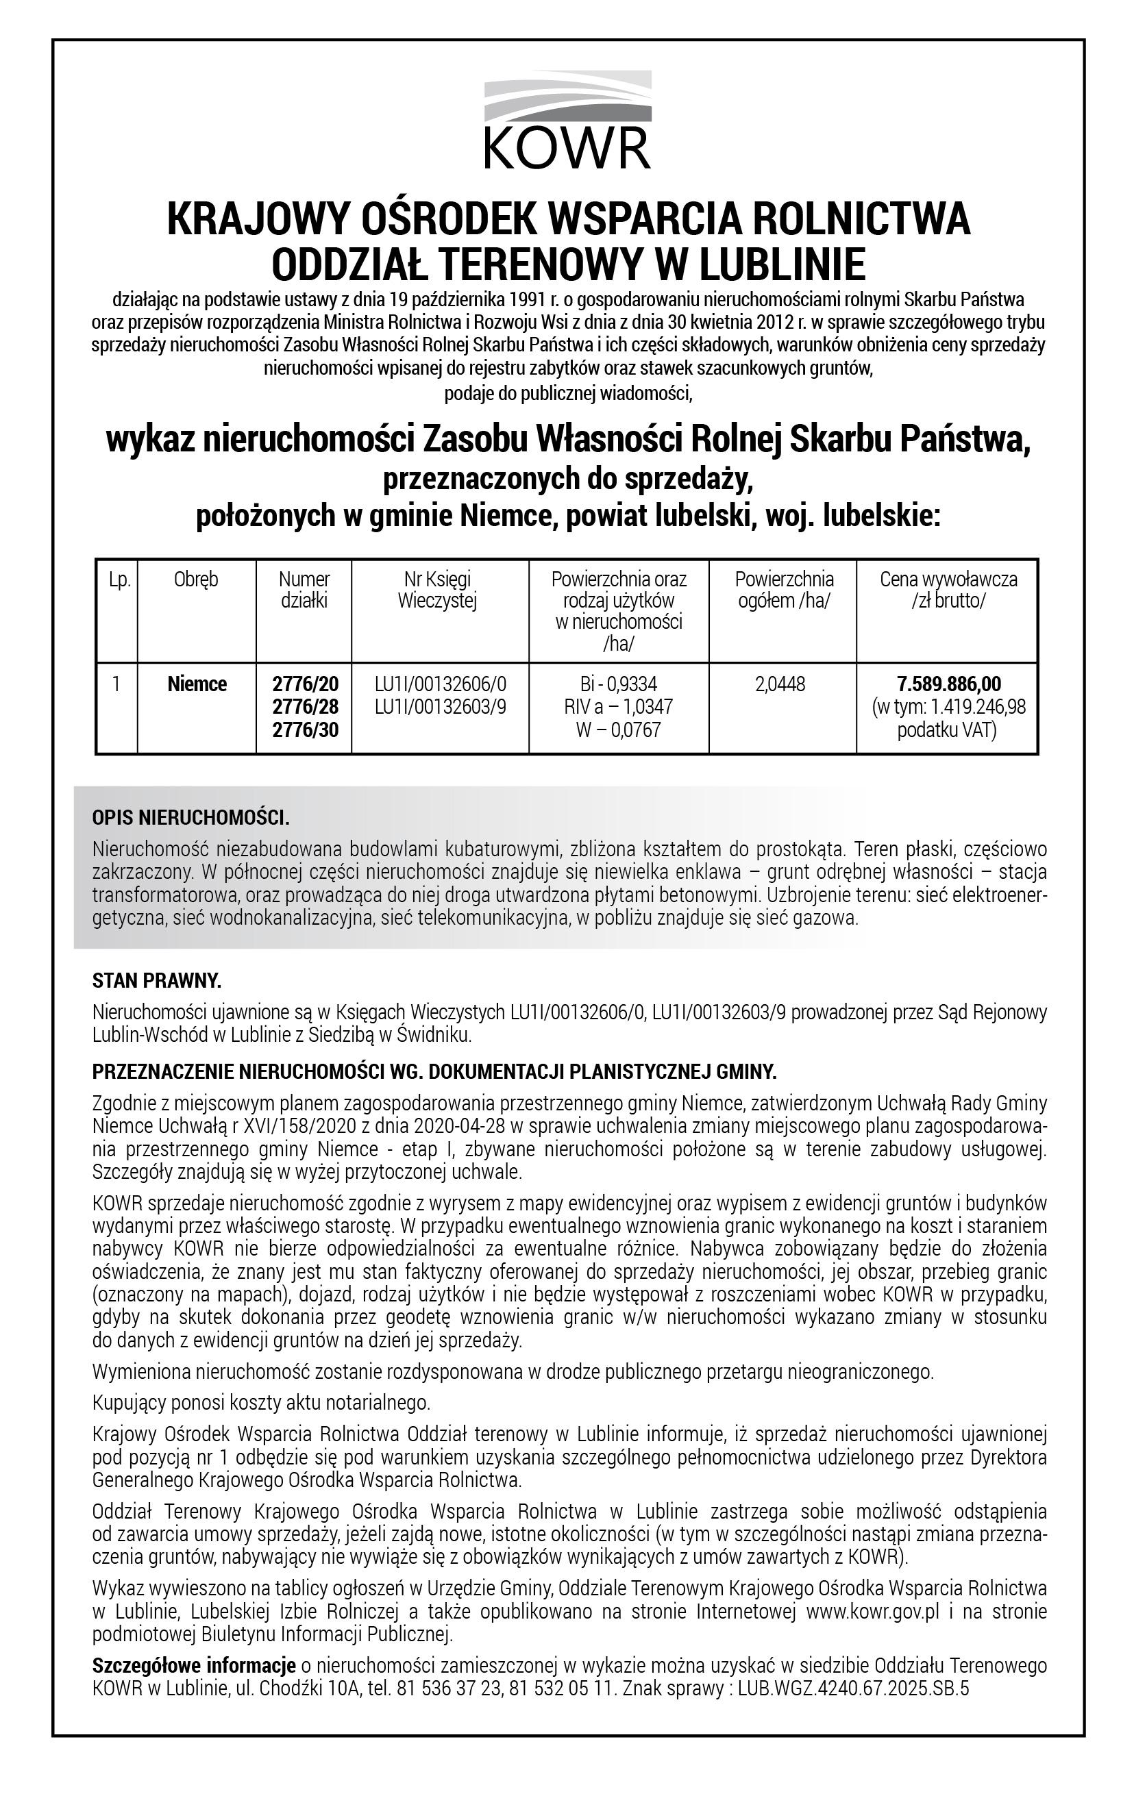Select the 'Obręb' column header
(196, 579)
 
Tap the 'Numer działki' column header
(304, 590)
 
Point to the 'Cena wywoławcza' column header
(948, 579)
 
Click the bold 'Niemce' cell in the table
(197, 684)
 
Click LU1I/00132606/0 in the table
(440, 684)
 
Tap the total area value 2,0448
(780, 684)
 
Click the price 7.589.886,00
(948, 684)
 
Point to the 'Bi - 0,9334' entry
(619, 684)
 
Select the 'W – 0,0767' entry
(619, 729)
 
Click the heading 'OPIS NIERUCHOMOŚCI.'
(190, 818)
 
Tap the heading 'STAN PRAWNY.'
(157, 981)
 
